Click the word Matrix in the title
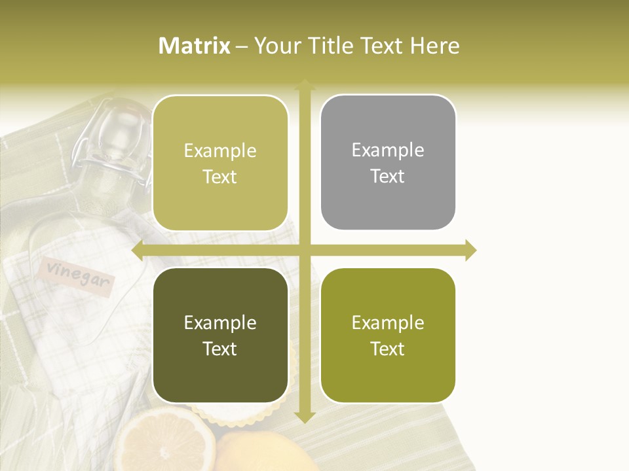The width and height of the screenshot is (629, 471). point(195,46)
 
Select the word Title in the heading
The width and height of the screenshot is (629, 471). point(334,46)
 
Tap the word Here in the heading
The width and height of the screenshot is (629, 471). point(435,46)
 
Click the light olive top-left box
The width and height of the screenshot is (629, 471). point(220,163)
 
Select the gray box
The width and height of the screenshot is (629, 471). point(388,162)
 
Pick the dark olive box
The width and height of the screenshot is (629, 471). point(220,335)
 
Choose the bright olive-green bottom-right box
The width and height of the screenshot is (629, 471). point(388,335)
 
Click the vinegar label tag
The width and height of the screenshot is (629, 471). point(76,277)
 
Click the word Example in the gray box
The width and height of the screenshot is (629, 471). point(388,150)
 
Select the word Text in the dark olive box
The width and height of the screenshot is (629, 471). point(219,349)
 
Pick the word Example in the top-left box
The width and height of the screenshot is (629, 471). point(220,150)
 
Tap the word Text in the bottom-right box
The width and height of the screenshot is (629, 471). point(388,349)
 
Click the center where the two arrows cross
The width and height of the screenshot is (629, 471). point(304,251)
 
